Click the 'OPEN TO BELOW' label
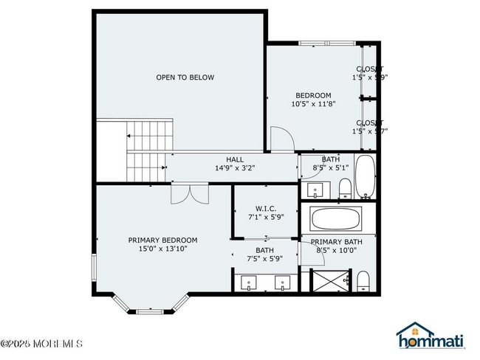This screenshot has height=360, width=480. [185, 77]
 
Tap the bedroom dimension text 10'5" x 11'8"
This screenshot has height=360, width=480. [313, 105]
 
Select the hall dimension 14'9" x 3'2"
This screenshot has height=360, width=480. [234, 168]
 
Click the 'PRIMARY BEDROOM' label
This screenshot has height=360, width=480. [162, 240]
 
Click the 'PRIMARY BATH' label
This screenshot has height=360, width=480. [336, 242]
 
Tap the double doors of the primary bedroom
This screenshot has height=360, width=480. [189, 193]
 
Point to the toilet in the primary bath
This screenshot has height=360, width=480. [363, 281]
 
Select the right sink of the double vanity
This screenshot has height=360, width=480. [282, 282]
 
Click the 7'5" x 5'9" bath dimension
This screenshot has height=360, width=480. [265, 259]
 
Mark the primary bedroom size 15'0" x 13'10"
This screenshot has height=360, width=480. [162, 249]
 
